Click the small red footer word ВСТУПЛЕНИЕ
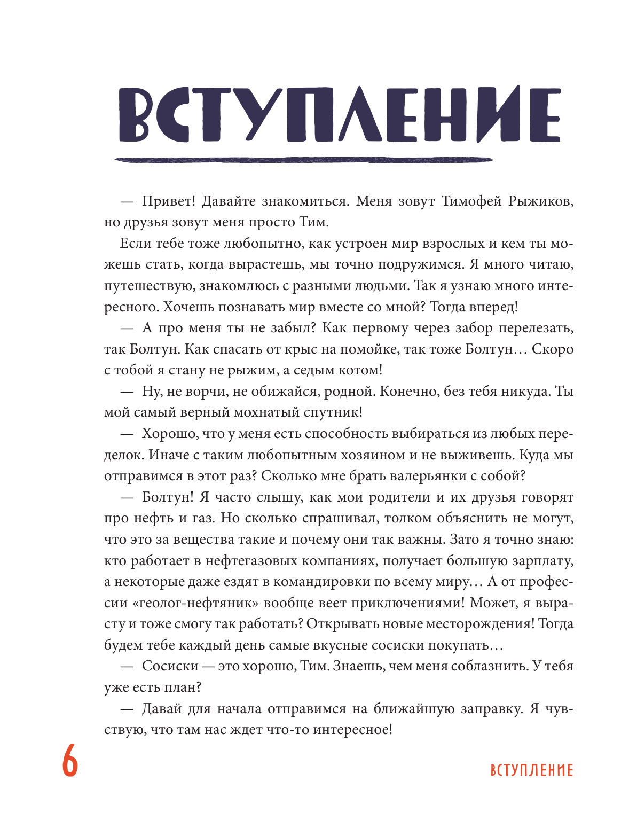(x=531, y=770)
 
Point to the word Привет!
(x=165, y=201)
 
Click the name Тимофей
(x=472, y=201)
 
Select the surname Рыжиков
(x=541, y=201)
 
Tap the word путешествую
(x=149, y=286)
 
